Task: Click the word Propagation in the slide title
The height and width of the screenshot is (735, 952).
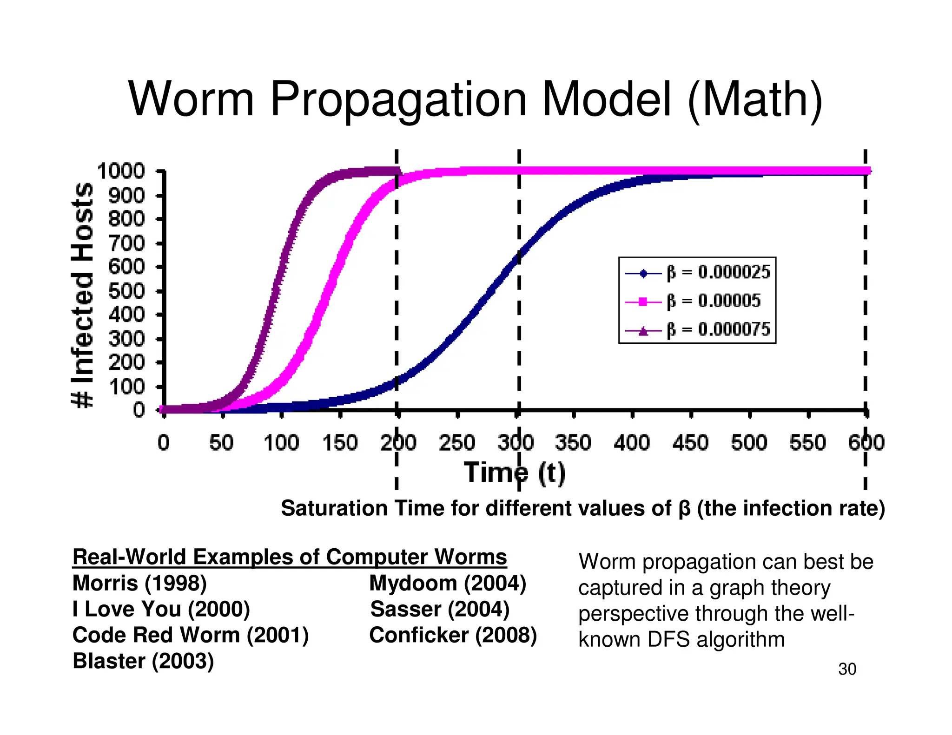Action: click(x=398, y=100)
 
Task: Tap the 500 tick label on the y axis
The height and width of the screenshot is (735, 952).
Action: click(x=126, y=291)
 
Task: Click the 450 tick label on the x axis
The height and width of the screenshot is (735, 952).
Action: click(x=690, y=442)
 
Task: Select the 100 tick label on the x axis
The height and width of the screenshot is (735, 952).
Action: click(x=281, y=442)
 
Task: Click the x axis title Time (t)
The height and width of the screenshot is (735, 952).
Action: click(x=515, y=473)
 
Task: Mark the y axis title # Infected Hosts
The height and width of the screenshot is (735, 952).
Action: click(x=83, y=295)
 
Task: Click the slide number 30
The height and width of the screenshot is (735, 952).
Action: click(x=847, y=669)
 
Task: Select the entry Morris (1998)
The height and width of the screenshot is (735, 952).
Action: click(x=139, y=583)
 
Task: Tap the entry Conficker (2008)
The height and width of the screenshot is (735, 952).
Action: click(x=453, y=635)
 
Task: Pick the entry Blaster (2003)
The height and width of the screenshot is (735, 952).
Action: click(x=143, y=661)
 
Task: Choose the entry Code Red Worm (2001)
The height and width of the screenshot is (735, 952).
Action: click(x=191, y=635)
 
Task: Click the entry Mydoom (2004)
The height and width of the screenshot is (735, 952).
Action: click(x=447, y=583)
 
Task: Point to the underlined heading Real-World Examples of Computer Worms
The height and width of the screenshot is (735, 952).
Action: click(x=290, y=557)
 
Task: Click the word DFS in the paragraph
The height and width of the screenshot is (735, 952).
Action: click(x=669, y=640)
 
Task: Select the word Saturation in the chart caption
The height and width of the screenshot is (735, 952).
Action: click(x=334, y=508)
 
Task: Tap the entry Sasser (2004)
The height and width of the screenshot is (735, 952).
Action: click(x=440, y=609)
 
